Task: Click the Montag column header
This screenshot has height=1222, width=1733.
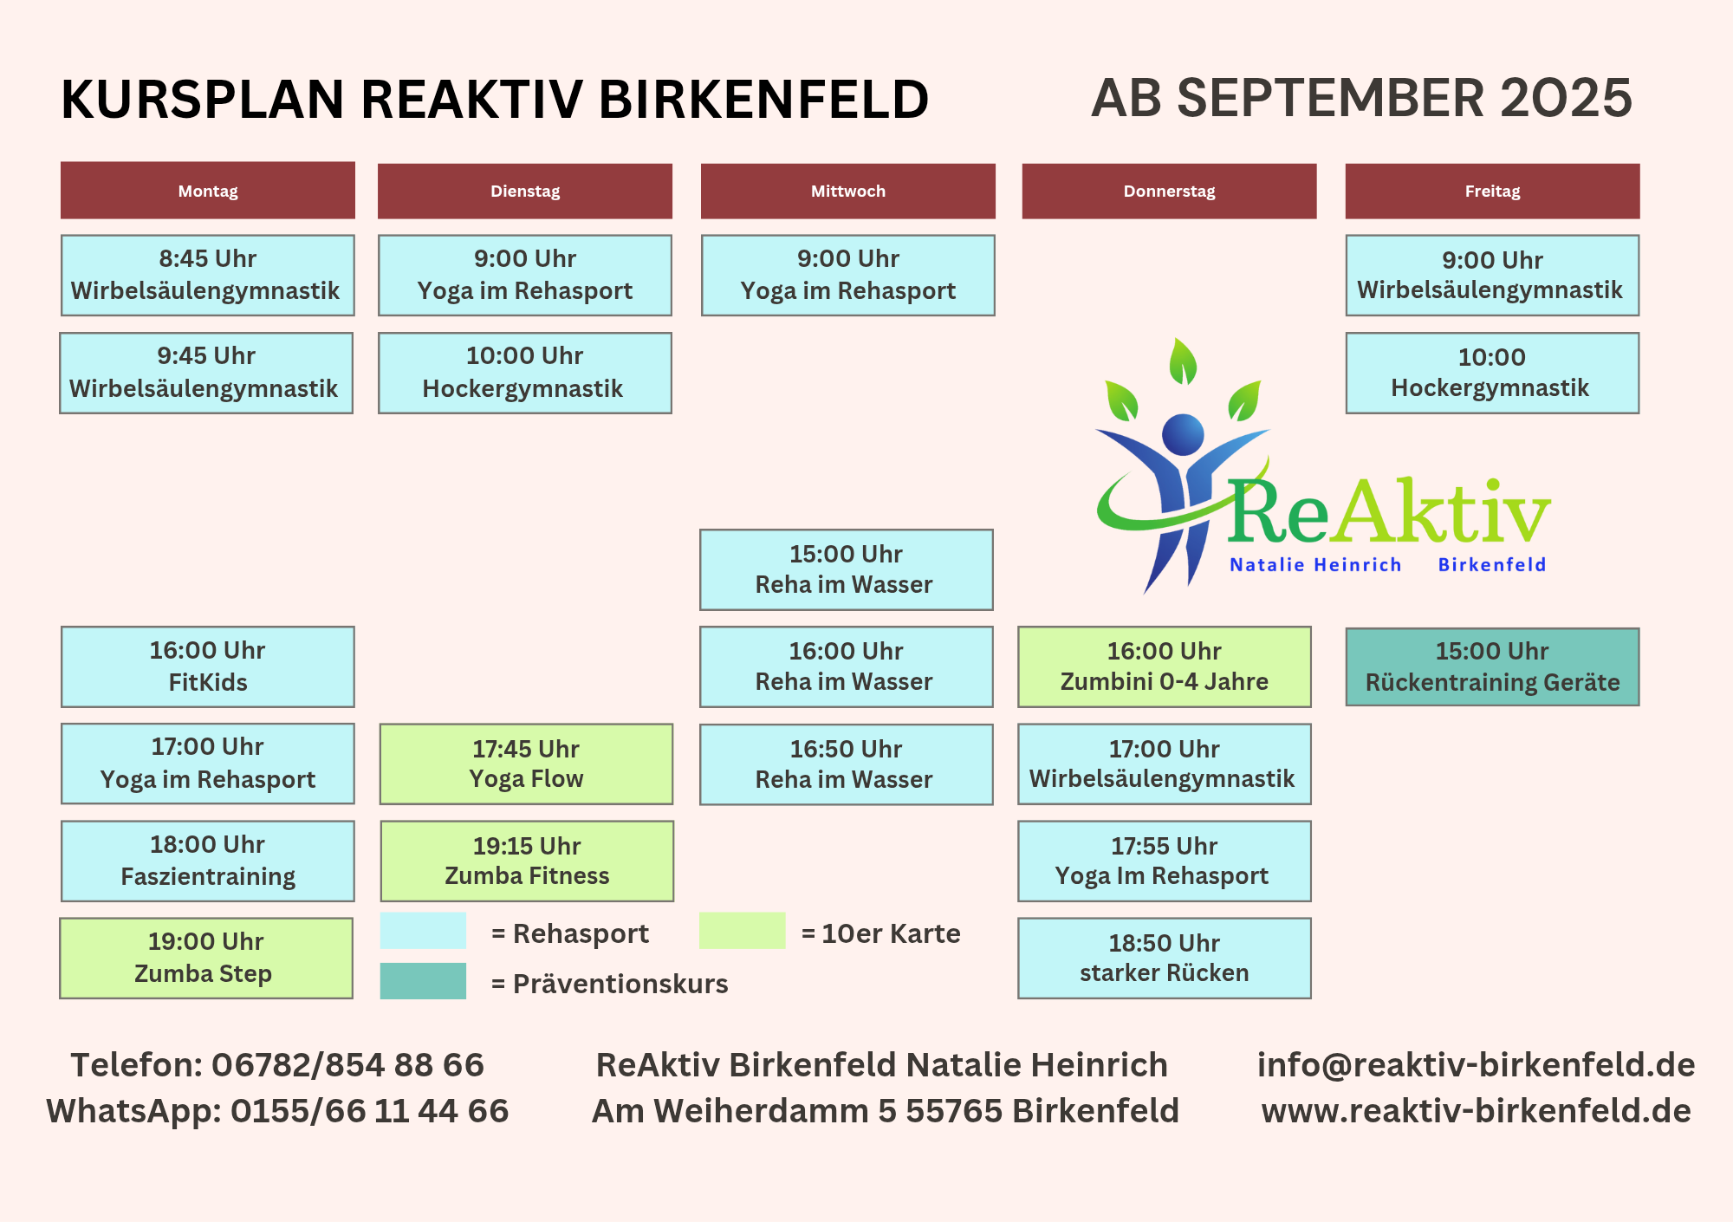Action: point(208,191)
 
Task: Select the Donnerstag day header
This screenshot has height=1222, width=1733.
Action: point(1169,191)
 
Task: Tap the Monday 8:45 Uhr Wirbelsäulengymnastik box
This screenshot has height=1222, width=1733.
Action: point(208,275)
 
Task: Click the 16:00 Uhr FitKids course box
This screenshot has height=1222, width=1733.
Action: point(208,666)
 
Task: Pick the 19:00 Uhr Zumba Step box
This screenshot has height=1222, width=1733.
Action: point(206,958)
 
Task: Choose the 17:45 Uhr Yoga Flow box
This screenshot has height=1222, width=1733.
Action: point(526,764)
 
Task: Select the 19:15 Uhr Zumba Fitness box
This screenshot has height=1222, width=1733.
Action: point(527,861)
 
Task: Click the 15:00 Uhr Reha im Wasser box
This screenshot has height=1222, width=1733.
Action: point(847,569)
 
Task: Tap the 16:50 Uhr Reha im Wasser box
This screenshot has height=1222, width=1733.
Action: point(847,764)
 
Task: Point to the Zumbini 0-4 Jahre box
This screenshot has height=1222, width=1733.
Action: point(1165,666)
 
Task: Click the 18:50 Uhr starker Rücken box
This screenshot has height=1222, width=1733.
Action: point(1165,958)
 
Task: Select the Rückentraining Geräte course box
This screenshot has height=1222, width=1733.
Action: point(1492,666)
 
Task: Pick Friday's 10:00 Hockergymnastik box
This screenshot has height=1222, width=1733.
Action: point(1492,373)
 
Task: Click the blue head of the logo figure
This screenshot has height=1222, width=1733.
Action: point(1183,434)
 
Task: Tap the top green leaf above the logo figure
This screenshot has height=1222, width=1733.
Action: point(1183,361)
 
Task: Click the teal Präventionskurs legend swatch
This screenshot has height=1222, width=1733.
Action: point(423,981)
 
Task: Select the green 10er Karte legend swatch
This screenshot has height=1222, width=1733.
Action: point(743,931)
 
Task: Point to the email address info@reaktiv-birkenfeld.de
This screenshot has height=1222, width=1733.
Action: point(1476,1064)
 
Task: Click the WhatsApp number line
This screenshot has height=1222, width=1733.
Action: point(277,1110)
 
